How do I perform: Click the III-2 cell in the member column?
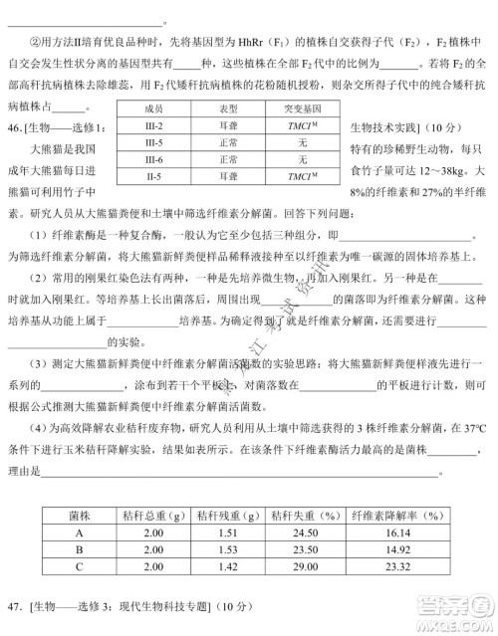point(153,125)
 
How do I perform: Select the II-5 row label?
point(153,176)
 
